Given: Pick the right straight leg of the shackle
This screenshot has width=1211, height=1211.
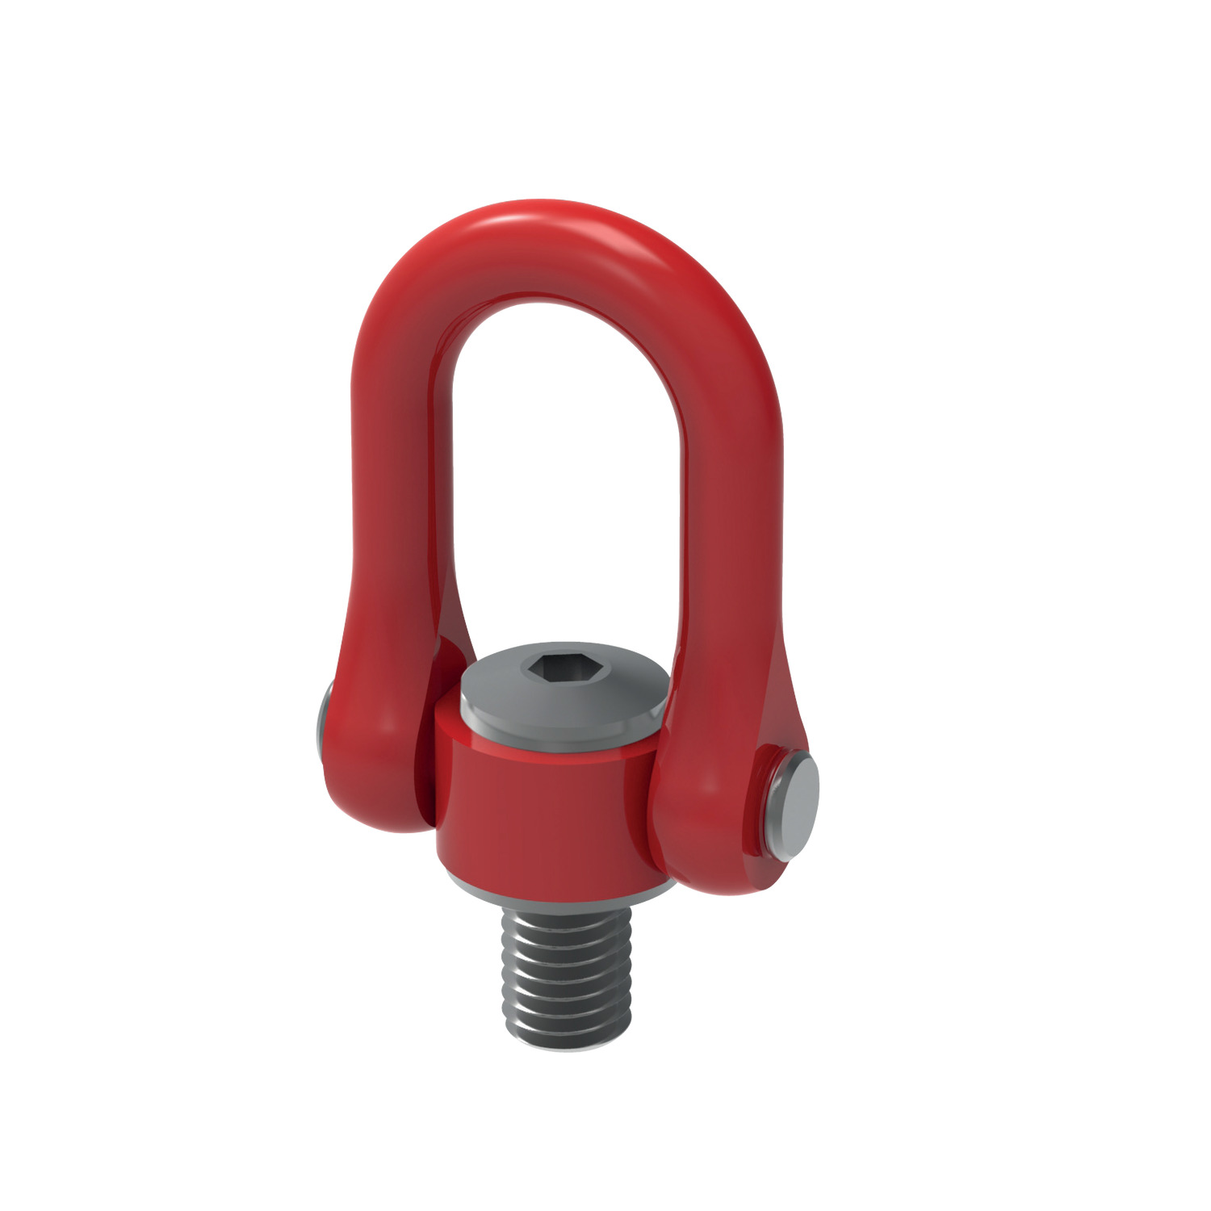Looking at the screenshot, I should pyautogui.click(x=735, y=501).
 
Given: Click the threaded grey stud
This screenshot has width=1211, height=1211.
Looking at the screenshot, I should pyautogui.click(x=565, y=969).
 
